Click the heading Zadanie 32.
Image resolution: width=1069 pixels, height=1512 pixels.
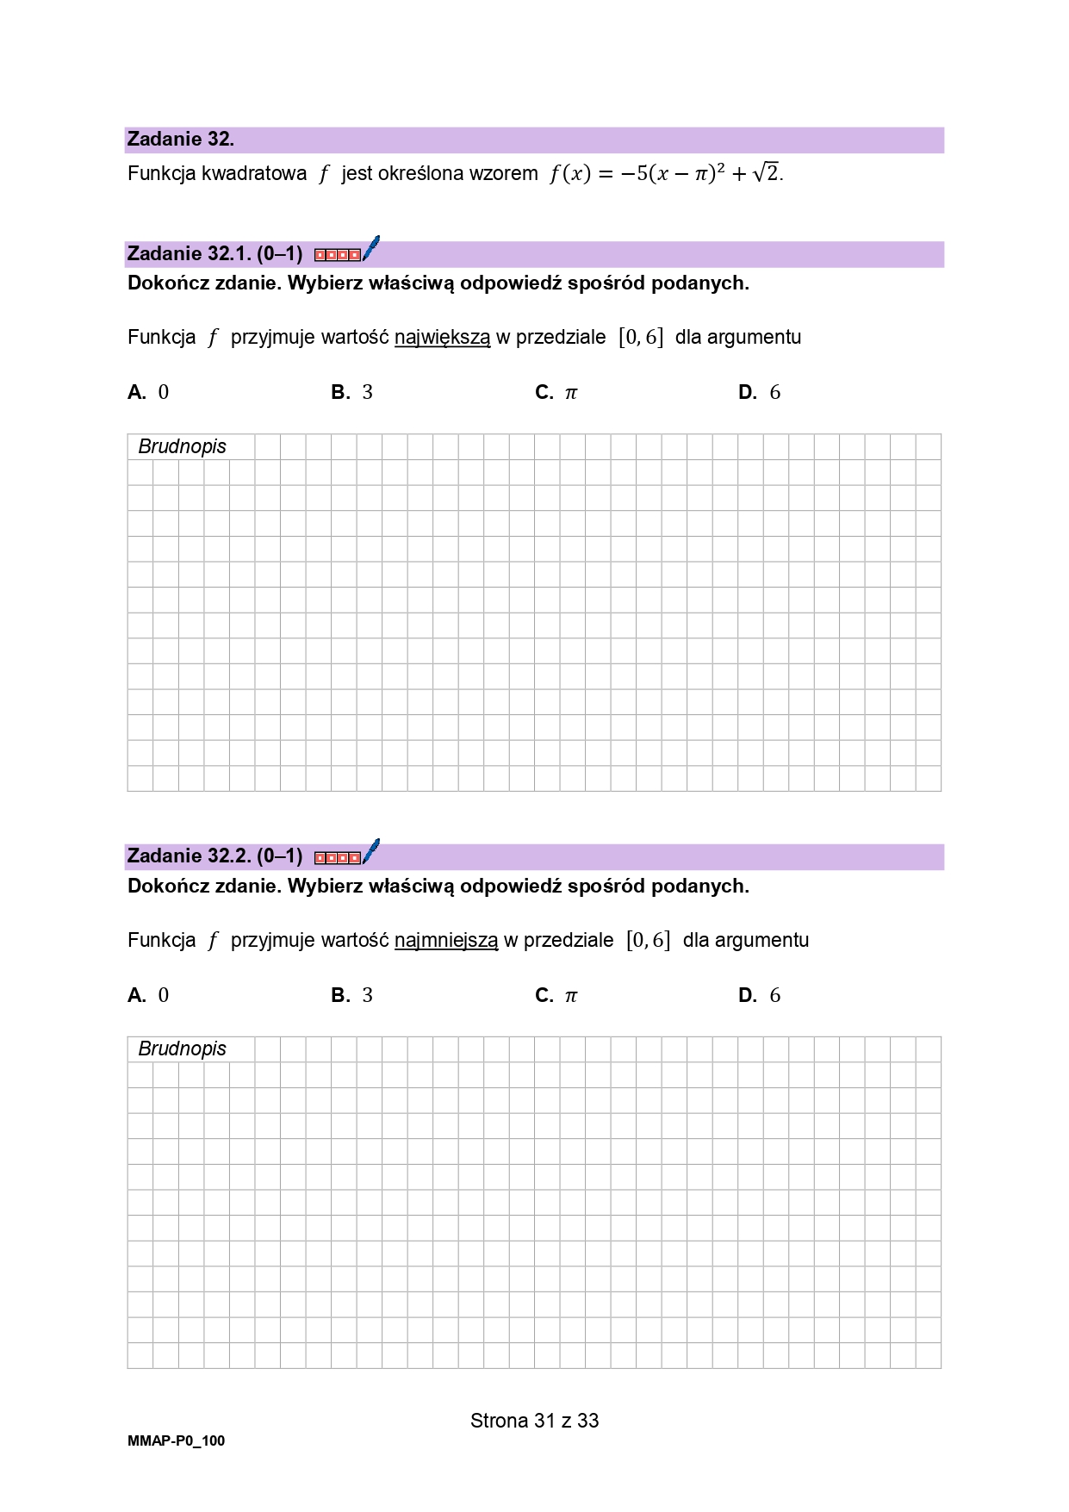pyautogui.click(x=180, y=140)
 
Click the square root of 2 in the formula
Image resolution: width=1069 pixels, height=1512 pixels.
pyautogui.click(x=767, y=173)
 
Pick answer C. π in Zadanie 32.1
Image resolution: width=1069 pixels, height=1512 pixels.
pyautogui.click(x=556, y=393)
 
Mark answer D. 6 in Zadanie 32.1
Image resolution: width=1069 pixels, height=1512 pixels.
pyautogui.click(x=760, y=393)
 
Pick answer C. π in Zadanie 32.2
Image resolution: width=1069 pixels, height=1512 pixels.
pyautogui.click(x=556, y=996)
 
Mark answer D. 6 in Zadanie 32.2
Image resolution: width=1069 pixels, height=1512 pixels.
pyautogui.click(x=760, y=996)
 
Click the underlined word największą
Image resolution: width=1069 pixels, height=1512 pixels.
pyautogui.click(x=442, y=338)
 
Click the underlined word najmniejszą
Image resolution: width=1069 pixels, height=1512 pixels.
pyautogui.click(x=446, y=941)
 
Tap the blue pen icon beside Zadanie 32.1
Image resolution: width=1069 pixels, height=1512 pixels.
pyautogui.click(x=371, y=248)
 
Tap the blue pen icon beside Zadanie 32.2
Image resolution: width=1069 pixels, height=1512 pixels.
pyautogui.click(x=371, y=851)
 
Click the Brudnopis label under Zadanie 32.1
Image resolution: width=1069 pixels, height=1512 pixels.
pyautogui.click(x=182, y=446)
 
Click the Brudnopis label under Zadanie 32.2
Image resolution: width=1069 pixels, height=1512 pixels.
pyautogui.click(x=182, y=1048)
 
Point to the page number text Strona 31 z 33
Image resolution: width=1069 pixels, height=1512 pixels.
pyautogui.click(x=534, y=1421)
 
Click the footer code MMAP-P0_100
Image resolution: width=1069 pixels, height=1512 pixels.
pyautogui.click(x=176, y=1441)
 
